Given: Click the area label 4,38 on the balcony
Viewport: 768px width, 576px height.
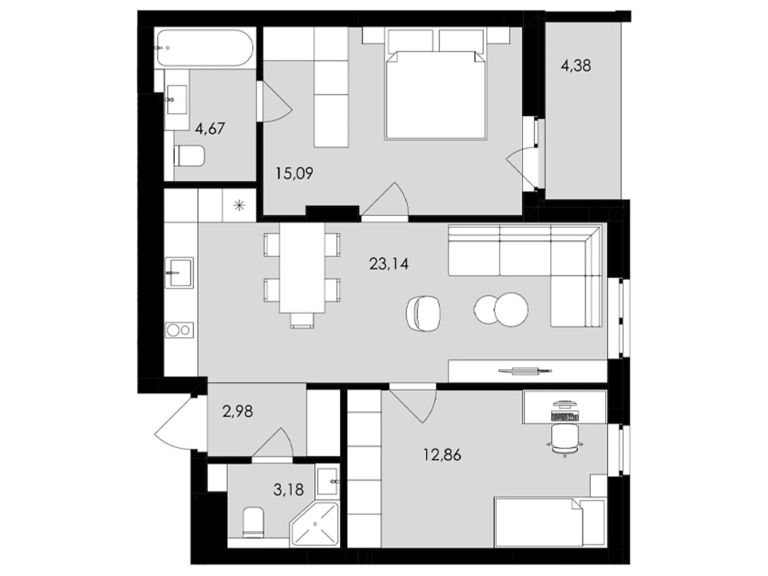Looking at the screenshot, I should [x=576, y=65].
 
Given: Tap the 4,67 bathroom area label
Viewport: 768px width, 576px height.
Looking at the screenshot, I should [x=210, y=129].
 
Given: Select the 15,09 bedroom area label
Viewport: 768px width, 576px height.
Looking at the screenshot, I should [x=294, y=173].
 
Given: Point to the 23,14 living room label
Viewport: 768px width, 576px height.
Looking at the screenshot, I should [x=389, y=264].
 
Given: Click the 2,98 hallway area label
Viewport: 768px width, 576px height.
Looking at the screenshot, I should [x=238, y=411].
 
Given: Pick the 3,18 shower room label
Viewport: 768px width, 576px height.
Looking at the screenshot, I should [x=288, y=490].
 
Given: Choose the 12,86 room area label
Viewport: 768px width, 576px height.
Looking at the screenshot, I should [x=442, y=455].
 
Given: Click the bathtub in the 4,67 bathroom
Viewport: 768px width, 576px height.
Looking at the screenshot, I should [x=204, y=48].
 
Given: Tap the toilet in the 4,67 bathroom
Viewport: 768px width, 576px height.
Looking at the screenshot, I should [x=190, y=156].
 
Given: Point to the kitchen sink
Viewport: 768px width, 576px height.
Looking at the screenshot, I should [x=179, y=273].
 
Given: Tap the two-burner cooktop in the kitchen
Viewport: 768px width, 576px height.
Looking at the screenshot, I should [x=179, y=330].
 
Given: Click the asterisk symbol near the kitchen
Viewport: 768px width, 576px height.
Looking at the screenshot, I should [x=239, y=206].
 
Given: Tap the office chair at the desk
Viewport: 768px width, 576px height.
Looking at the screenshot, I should [x=564, y=439].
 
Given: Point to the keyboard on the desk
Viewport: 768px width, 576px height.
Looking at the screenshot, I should [x=565, y=417].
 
